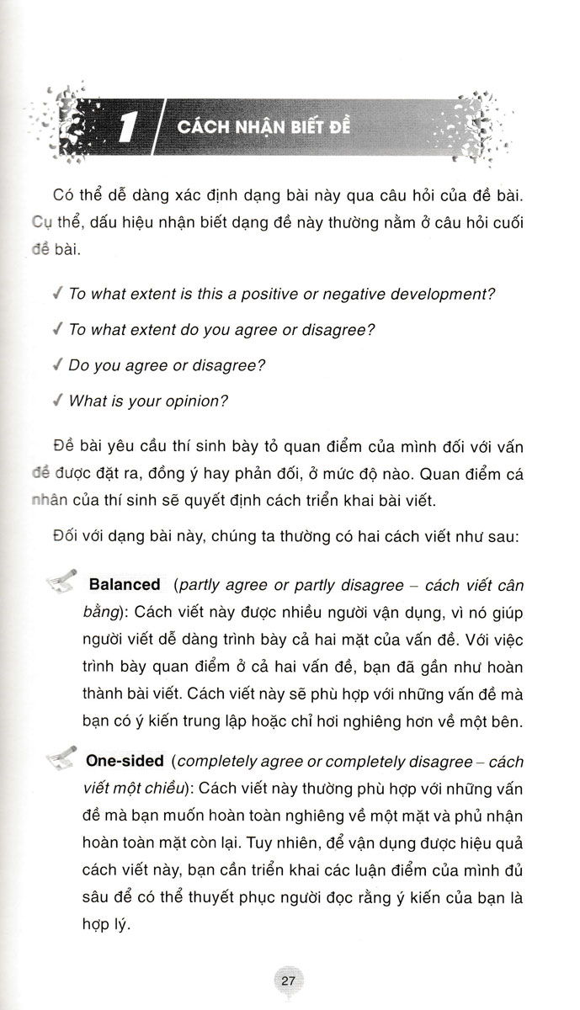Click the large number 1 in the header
click(x=127, y=129)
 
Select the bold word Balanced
click(x=124, y=584)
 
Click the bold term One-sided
click(x=125, y=761)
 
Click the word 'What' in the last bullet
click(x=87, y=401)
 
